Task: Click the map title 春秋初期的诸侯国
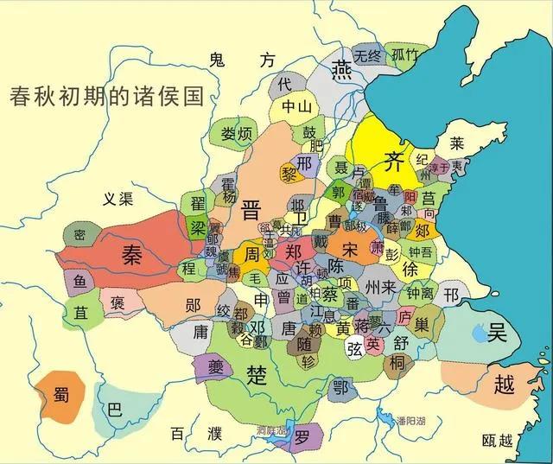click(105, 94)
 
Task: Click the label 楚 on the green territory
click(257, 374)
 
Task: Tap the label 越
click(503, 385)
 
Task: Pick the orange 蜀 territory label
click(60, 396)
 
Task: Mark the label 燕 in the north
click(344, 67)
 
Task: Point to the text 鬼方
click(242, 60)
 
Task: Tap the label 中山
click(297, 107)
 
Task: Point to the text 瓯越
click(498, 441)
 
